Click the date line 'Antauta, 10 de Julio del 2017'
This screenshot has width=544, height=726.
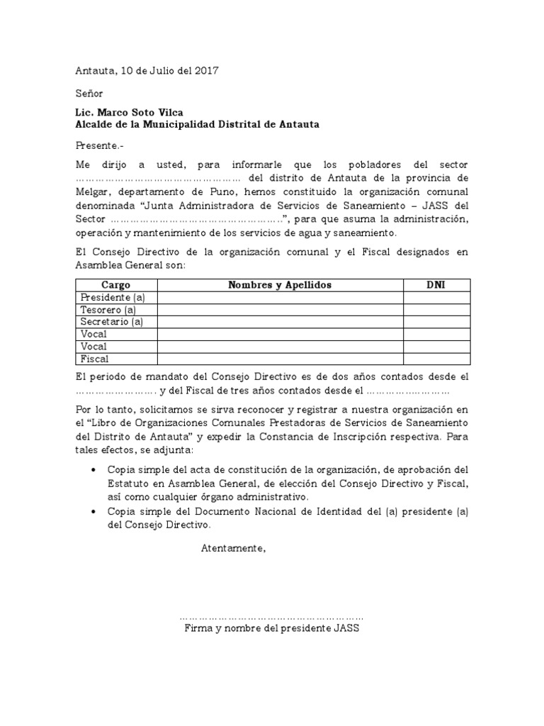pos(147,71)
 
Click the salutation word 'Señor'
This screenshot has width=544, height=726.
pos(89,93)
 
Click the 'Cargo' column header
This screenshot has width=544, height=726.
pos(116,285)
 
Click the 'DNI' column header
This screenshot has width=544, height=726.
pos(436,285)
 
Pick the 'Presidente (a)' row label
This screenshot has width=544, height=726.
pos(113,297)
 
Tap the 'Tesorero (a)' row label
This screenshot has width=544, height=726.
pos(108,310)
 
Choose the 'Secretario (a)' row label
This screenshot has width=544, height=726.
pos(112,322)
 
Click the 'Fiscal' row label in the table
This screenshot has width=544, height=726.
pos(95,359)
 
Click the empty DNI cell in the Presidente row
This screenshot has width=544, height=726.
pos(436,297)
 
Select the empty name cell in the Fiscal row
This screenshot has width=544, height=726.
pos(280,359)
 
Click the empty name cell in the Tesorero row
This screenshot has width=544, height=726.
pos(280,310)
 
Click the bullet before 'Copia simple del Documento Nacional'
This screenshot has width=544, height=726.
pos(95,513)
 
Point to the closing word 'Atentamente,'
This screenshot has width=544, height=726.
pos(234,547)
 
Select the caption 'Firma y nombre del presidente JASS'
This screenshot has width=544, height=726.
pos(272,629)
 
